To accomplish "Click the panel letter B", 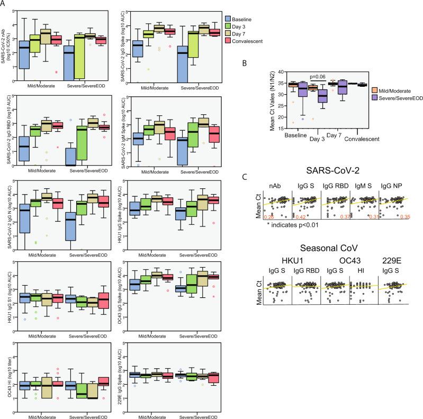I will tap(273, 64).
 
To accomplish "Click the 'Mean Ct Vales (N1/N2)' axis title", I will tap(280, 99).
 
